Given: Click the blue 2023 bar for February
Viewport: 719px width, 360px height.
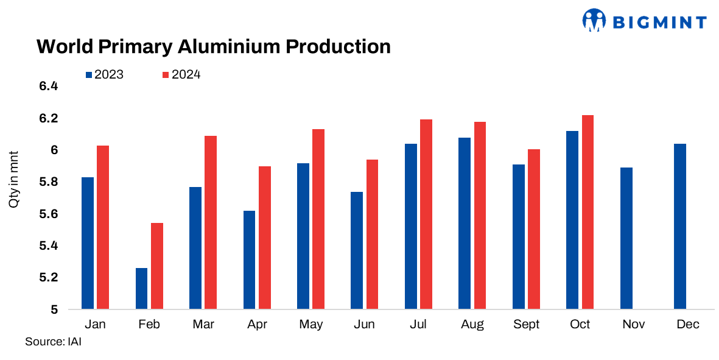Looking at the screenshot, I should (x=141, y=288).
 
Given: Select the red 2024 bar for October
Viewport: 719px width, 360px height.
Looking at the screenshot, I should (x=587, y=212).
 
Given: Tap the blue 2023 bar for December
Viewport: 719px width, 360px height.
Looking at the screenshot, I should (x=680, y=227).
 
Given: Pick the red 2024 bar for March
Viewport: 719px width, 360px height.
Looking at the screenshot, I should (x=210, y=222).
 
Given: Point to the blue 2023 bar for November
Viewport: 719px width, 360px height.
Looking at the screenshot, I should (x=626, y=238).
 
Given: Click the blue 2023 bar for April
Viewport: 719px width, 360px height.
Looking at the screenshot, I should (x=249, y=260).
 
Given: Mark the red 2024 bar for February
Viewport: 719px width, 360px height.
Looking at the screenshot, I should (x=156, y=266).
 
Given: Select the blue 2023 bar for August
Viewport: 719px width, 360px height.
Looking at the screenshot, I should (x=465, y=224).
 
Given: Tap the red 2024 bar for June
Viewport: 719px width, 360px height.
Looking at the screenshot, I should (x=372, y=235).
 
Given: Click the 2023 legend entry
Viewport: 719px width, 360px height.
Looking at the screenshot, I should (x=104, y=75).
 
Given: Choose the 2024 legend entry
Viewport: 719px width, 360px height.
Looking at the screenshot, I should (x=181, y=75).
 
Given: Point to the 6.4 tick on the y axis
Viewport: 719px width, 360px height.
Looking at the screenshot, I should (x=48, y=86).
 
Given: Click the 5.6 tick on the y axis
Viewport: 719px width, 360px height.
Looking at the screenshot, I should (x=48, y=214).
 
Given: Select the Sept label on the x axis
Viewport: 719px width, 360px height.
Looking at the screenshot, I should (x=526, y=325).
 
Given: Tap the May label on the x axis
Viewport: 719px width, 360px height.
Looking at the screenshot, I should (x=310, y=325).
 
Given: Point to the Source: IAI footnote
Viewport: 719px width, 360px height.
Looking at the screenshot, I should (x=53, y=342).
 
